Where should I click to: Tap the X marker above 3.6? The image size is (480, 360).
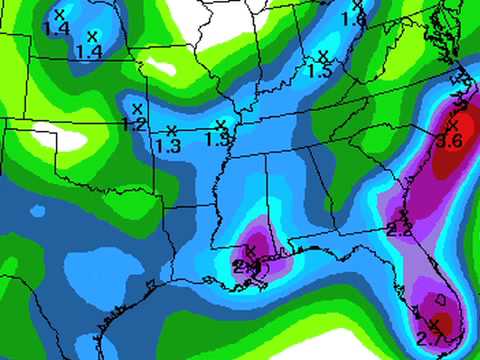coord(452,125)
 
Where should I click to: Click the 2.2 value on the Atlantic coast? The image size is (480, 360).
coord(399,230)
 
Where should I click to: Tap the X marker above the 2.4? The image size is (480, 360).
coord(250,249)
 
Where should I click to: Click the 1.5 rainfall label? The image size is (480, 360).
coord(320,71)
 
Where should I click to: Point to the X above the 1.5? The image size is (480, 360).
coord(322,55)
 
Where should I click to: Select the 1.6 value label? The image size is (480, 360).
coord(353,19)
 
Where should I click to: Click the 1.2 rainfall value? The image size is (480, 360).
coord(132,124)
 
